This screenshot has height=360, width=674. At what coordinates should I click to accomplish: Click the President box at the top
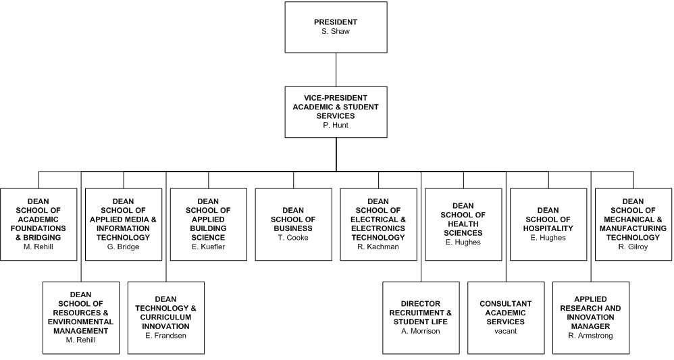[x=336, y=27]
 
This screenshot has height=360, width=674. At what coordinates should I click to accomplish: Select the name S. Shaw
[x=336, y=31]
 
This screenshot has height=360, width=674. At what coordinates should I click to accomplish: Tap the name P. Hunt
[x=336, y=125]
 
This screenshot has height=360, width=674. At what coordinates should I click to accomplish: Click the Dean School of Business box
[x=293, y=224]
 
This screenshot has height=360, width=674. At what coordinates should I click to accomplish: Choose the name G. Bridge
[x=123, y=247]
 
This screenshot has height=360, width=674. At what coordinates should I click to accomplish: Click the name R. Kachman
[x=378, y=247]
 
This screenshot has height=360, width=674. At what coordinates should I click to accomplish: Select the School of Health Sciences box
[x=463, y=224]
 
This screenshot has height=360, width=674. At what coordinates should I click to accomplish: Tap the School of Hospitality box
[x=548, y=224]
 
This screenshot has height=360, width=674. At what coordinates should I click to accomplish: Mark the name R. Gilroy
[x=633, y=247]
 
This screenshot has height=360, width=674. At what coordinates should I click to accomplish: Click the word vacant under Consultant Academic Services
[x=506, y=331]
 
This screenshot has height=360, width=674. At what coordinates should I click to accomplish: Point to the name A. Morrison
[x=421, y=331]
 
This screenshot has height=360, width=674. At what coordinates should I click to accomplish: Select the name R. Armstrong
[x=591, y=336]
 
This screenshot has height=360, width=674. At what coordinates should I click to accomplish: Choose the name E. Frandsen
[x=165, y=336]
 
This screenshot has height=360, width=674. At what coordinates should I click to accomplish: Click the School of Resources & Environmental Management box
[x=80, y=317]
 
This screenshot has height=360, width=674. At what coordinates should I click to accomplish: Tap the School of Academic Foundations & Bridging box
[x=38, y=224]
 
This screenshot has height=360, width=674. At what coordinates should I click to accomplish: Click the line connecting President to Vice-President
[x=336, y=69]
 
